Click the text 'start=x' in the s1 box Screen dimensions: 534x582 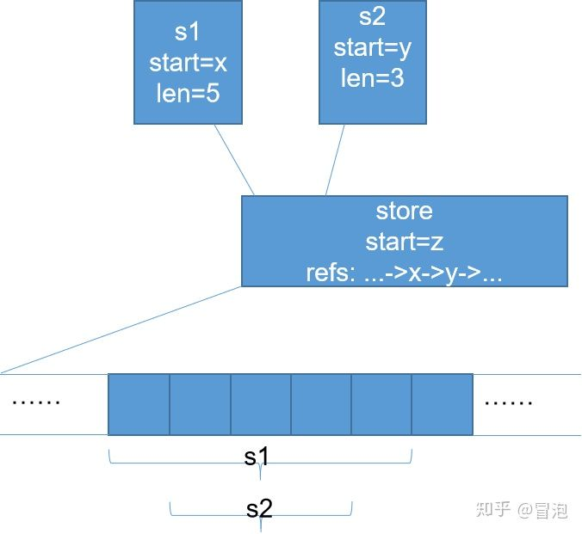(188, 63)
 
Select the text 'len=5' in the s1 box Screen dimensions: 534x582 (188, 92)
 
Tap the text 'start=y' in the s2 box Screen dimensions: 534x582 (373, 48)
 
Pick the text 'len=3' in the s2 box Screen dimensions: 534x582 (373, 77)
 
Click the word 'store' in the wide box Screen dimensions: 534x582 (404, 212)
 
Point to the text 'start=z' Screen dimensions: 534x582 (404, 242)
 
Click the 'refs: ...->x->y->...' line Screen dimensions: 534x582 (404, 273)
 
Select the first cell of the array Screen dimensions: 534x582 (139, 404)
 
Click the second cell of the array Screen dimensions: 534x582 (200, 404)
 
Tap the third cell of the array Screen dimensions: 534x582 (260, 404)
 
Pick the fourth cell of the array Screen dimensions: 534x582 (321, 404)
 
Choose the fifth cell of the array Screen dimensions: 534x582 (381, 404)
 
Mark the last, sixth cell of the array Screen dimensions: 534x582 (443, 404)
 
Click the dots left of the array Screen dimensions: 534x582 (37, 401)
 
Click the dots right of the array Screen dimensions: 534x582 (509, 401)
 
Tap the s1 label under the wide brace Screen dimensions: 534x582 (257, 457)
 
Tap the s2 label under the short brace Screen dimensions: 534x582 (259, 508)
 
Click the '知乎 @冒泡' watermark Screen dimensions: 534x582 (522, 510)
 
